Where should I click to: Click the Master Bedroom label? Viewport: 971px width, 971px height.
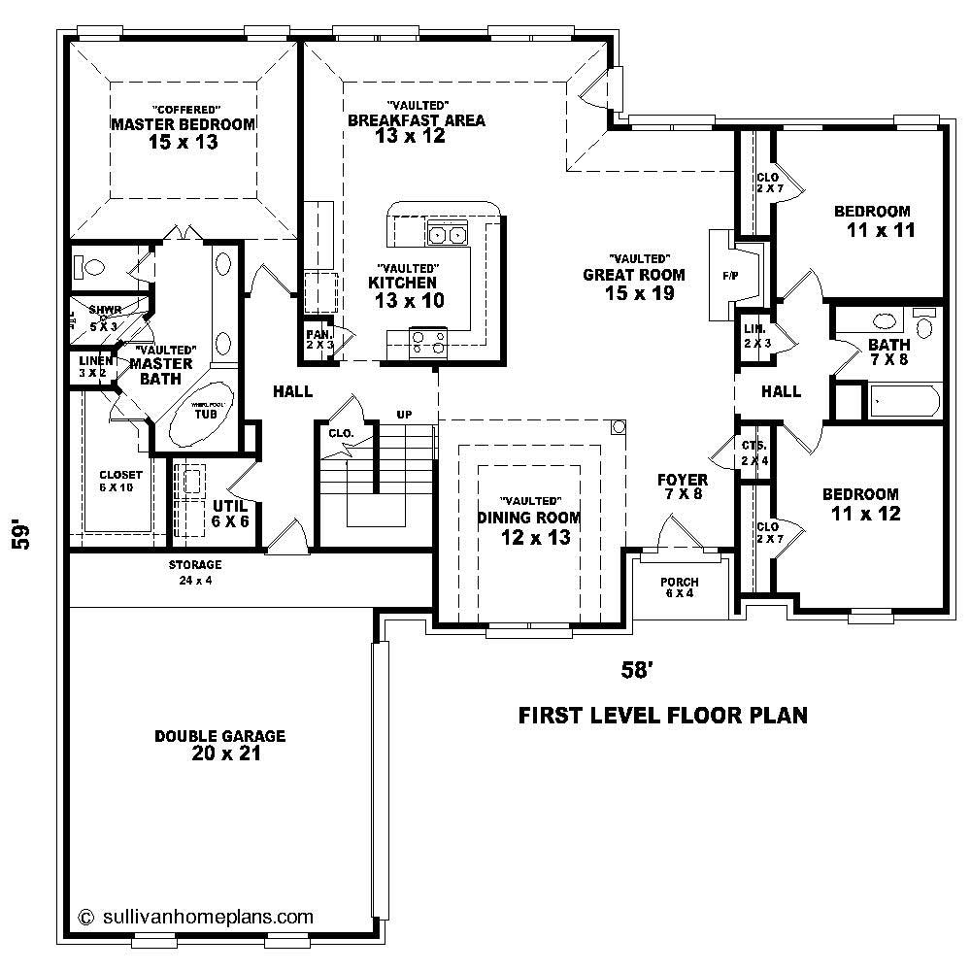(x=183, y=124)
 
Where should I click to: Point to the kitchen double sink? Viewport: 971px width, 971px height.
(x=447, y=233)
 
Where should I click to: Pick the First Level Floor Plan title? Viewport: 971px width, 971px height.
(x=662, y=717)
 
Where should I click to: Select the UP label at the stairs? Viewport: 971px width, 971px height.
(x=404, y=415)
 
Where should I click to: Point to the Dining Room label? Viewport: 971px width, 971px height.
(x=529, y=518)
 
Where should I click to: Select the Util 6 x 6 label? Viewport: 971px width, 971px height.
(x=230, y=514)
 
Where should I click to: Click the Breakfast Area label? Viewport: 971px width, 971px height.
(x=417, y=120)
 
